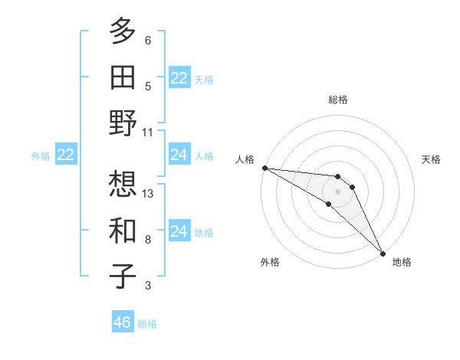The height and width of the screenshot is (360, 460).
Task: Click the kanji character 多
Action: point(123,32)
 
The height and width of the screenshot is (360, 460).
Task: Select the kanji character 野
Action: point(123,123)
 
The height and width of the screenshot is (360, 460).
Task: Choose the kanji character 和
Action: point(123,230)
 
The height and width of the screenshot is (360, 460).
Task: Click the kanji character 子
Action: point(123,276)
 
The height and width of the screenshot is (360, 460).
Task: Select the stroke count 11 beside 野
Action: point(148,132)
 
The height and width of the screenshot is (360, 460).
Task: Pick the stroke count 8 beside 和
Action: point(148,240)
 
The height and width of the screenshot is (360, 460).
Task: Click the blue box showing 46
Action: point(123,322)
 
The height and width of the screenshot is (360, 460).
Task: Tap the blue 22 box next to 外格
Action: point(66,155)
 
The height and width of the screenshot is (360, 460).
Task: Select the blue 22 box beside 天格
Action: point(179,78)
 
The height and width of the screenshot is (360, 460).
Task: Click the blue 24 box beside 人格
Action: point(179,155)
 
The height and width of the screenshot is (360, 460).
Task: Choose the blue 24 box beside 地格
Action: point(179,231)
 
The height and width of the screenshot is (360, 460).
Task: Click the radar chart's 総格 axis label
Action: point(338,100)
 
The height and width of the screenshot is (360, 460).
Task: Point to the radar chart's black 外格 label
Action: point(270,263)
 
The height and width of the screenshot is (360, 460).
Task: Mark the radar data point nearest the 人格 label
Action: point(264,168)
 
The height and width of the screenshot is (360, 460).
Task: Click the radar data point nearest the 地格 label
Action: point(382,253)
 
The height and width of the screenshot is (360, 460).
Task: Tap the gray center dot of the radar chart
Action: point(338,190)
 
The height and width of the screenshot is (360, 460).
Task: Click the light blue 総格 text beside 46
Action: point(147,324)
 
